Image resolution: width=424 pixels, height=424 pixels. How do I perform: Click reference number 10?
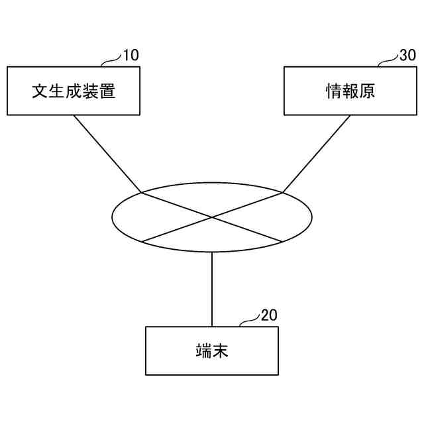(x=131, y=56)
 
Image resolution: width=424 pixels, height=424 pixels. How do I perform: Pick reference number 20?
(x=269, y=315)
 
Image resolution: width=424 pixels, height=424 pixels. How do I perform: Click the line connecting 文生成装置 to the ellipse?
(x=106, y=153)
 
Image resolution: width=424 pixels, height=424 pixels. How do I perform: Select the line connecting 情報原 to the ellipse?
(x=317, y=153)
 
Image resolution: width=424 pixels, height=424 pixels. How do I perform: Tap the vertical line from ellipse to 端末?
(x=212, y=289)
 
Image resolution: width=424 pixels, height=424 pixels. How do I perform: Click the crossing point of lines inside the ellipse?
(x=212, y=217)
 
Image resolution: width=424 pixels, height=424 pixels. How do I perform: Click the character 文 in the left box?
(x=40, y=91)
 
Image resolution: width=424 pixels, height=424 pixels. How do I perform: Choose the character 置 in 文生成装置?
(x=107, y=91)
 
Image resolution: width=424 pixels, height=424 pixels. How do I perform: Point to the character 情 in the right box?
(x=333, y=91)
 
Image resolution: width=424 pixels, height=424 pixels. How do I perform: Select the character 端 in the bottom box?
(x=203, y=351)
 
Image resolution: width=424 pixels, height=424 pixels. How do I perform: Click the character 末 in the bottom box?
(x=221, y=351)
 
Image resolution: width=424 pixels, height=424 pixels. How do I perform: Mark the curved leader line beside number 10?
(x=111, y=61)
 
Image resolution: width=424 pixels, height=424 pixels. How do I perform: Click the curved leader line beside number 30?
(x=388, y=61)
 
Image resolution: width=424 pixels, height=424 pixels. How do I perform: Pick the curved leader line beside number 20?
(x=249, y=321)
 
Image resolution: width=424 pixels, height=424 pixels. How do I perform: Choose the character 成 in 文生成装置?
(x=74, y=91)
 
